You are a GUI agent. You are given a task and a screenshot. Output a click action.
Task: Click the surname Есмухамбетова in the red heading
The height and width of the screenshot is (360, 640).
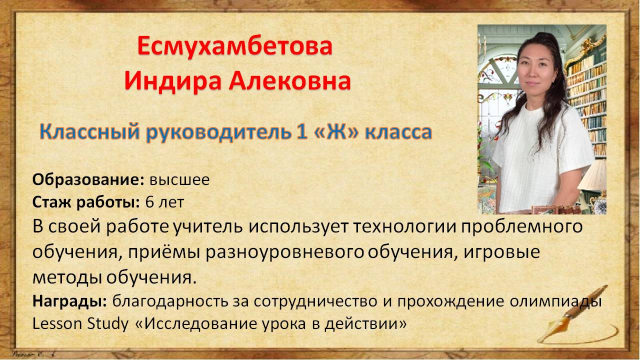tap(235, 46)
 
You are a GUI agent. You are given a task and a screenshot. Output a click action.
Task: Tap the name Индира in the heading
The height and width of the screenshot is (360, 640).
tap(173, 81)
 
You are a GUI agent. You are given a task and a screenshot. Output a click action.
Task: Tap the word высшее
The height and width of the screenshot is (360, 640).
tap(179, 180)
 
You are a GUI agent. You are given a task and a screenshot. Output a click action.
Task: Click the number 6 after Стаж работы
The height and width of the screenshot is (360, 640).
tap(149, 202)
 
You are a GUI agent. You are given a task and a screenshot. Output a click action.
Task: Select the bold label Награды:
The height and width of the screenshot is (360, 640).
tap(69, 301)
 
